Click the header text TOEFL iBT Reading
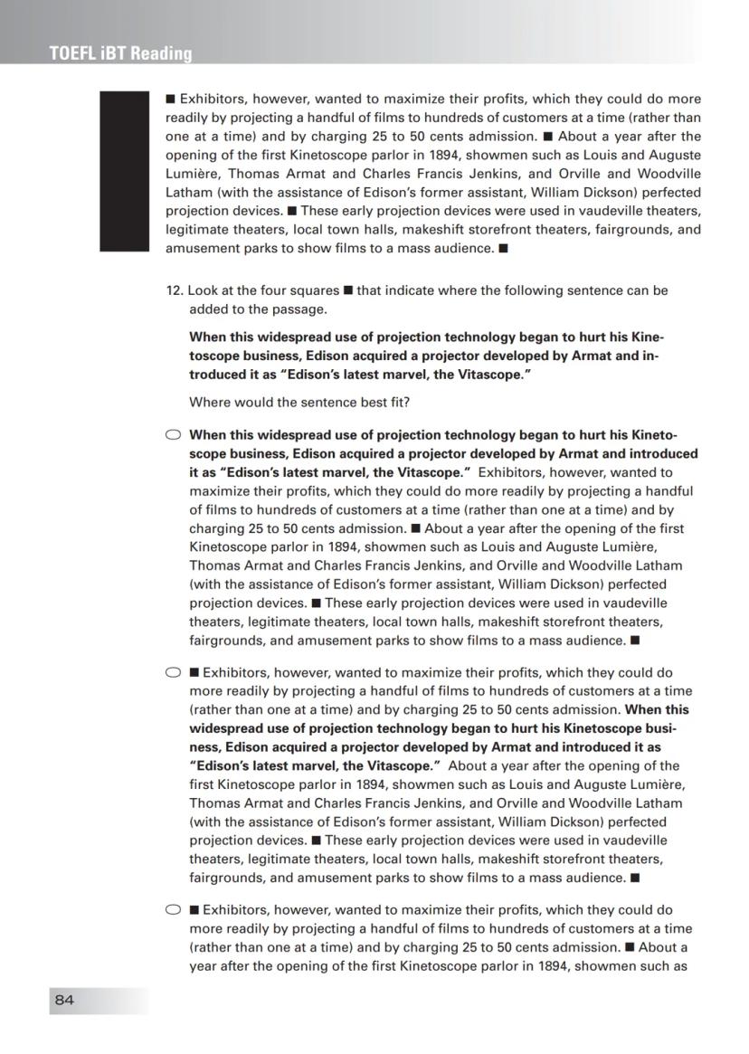click(x=121, y=53)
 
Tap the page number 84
click(x=64, y=1000)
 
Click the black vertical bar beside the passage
click(x=123, y=171)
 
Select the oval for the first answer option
click(x=174, y=434)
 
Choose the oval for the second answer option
click(x=174, y=673)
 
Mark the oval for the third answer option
click(x=174, y=910)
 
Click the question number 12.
click(x=174, y=290)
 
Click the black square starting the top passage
click(x=170, y=99)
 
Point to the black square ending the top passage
click(x=503, y=248)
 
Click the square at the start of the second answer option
click(x=194, y=673)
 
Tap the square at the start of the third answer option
click(x=194, y=910)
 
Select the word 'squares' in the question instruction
click(x=318, y=290)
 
